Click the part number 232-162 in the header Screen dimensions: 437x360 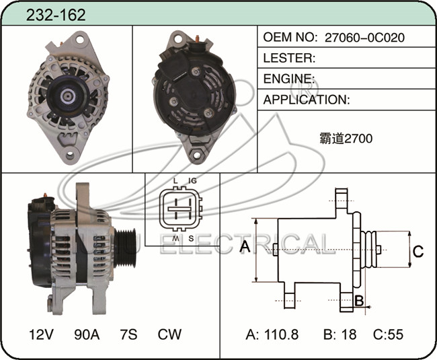coord(56,15)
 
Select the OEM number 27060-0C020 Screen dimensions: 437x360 coord(364,38)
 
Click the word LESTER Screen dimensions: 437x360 coord(289,58)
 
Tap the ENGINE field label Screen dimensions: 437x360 coord(288,79)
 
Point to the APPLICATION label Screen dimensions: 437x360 coord(307,100)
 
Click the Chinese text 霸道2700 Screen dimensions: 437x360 coord(346,139)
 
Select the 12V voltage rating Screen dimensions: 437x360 coord(41,334)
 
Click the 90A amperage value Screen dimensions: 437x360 coord(87,334)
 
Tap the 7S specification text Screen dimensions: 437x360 coord(128,334)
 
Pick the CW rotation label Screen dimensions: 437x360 coord(169,334)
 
